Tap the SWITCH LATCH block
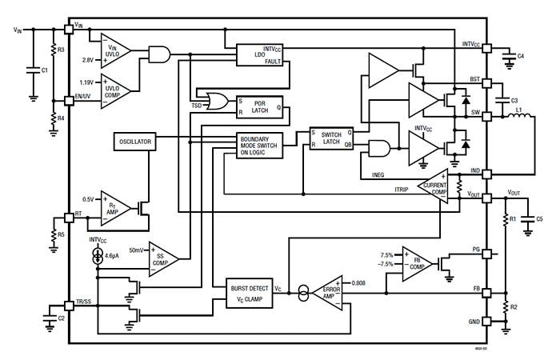[330, 139]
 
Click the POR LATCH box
[260, 106]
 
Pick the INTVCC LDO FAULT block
[260, 54]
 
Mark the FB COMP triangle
[417, 261]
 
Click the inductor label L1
[518, 109]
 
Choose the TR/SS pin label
[84, 302]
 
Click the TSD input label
[196, 106]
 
